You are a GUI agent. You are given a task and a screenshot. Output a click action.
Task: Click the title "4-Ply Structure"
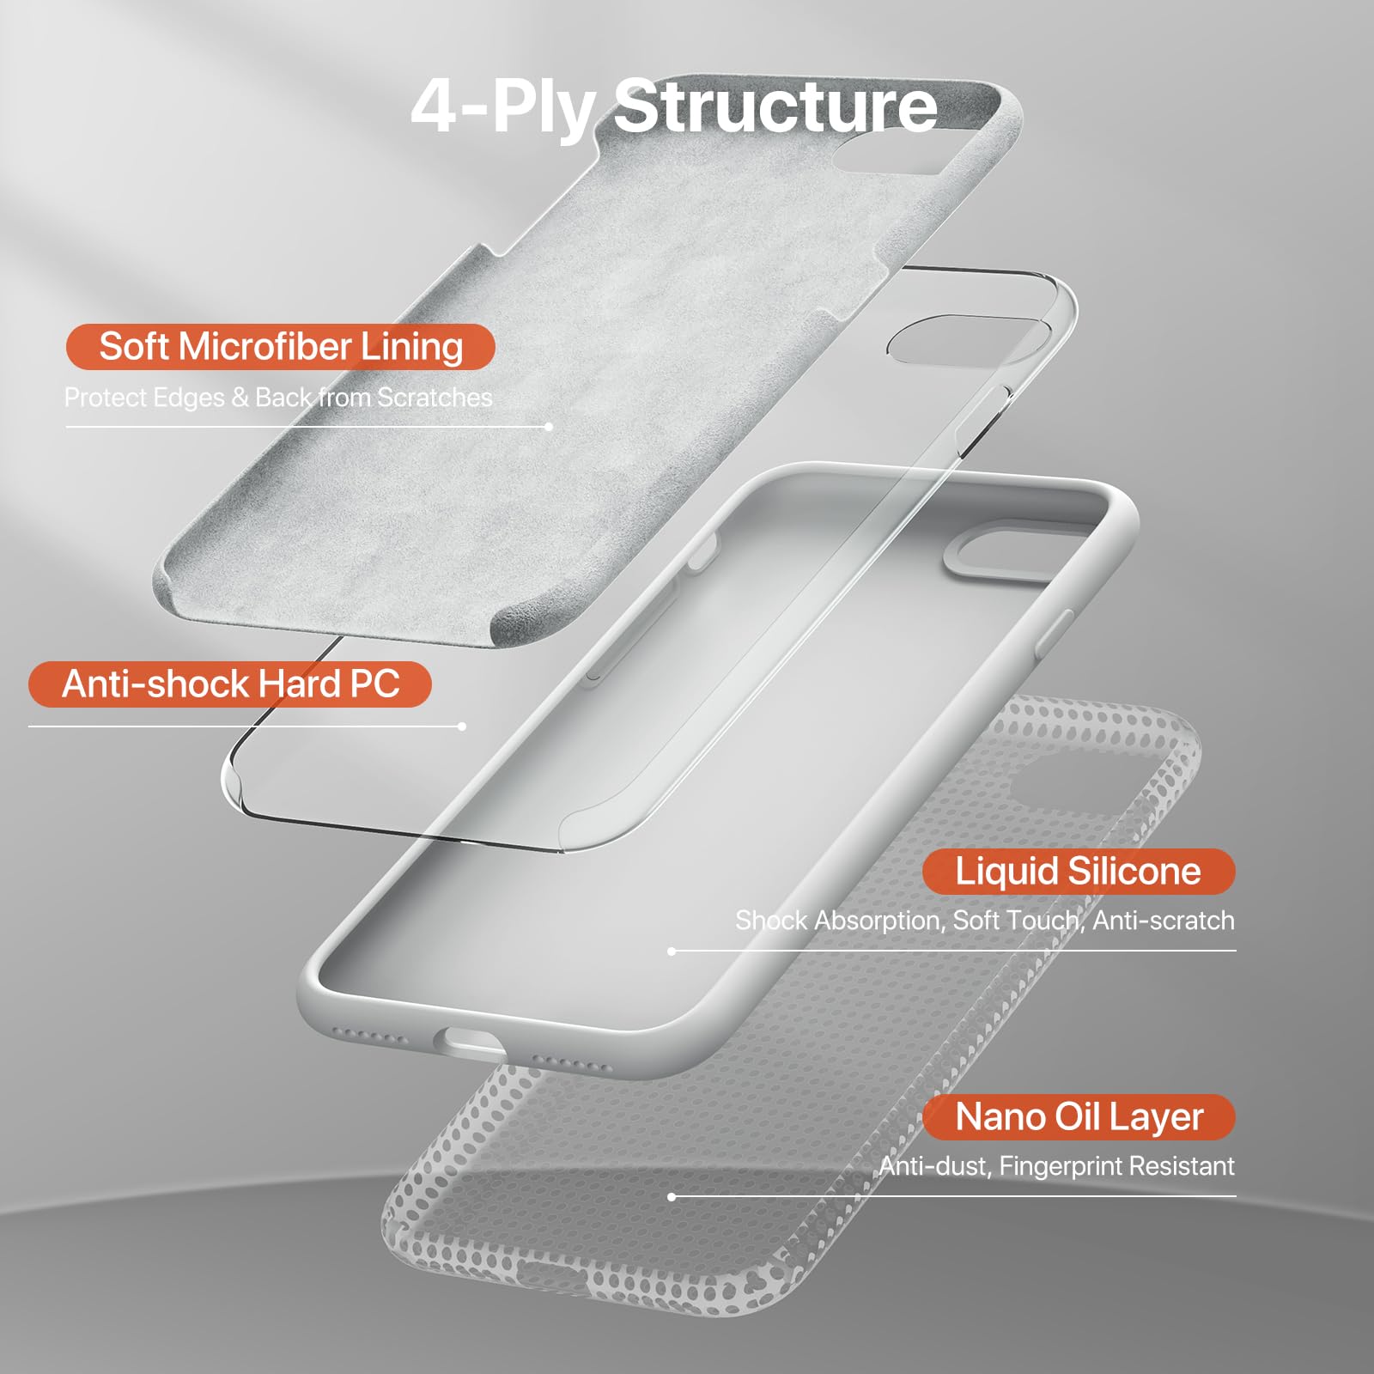[674, 106]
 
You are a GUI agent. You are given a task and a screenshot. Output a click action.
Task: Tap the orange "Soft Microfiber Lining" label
[281, 347]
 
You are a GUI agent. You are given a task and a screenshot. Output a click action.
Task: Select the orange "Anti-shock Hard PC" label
[230, 684]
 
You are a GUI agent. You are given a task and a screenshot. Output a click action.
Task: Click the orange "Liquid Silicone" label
[1079, 872]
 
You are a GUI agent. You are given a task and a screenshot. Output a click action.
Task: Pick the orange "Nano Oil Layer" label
[1079, 1117]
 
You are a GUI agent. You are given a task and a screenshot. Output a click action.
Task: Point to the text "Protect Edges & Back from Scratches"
[278, 398]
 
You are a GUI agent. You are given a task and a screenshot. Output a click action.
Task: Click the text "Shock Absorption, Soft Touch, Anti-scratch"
[985, 921]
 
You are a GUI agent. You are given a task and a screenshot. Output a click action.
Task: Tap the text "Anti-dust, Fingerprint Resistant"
[1056, 1166]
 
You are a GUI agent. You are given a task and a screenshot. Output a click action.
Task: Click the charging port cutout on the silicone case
[470, 1044]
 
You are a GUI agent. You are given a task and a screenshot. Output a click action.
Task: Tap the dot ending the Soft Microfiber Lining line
[549, 427]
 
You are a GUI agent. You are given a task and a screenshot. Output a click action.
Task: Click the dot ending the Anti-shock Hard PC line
[462, 727]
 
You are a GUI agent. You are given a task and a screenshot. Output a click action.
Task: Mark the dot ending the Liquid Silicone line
[672, 951]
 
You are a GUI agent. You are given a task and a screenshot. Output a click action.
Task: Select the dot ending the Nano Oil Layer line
[672, 1196]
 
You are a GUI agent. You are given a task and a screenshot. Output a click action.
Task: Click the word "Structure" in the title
[776, 106]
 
